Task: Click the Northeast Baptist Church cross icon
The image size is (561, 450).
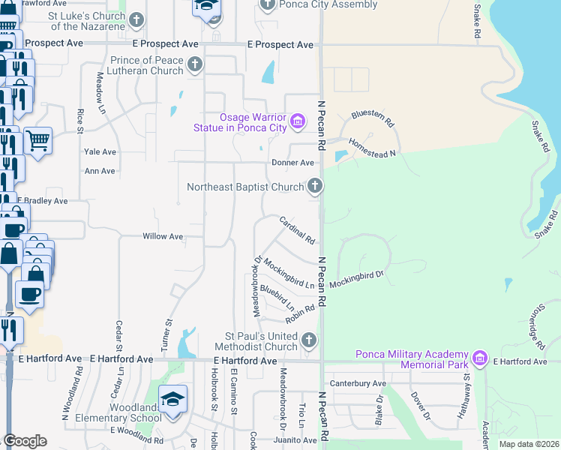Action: (x=315, y=186)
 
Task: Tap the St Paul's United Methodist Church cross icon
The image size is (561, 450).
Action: (x=308, y=341)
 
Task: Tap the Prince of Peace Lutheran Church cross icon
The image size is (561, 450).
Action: (x=194, y=64)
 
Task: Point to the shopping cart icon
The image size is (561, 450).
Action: (x=37, y=139)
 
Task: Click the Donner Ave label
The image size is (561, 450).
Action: (x=292, y=163)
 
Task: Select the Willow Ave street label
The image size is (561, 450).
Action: (x=163, y=236)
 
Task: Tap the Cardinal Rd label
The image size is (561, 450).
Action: (x=297, y=230)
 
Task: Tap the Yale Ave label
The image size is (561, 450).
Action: (x=100, y=151)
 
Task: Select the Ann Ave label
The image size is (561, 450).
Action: (x=100, y=171)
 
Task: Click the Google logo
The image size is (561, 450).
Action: (x=25, y=440)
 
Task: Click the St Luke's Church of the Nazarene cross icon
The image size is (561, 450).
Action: (x=138, y=19)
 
